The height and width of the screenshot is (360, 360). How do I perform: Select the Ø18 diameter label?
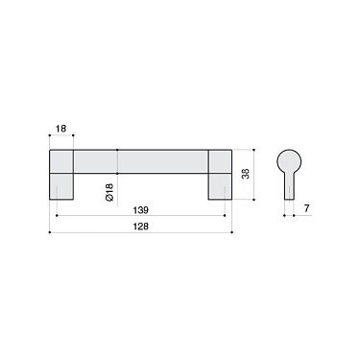tap(108, 193)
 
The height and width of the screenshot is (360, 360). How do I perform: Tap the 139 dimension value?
tap(141, 207)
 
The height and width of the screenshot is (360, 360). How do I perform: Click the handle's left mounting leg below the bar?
tap(60, 186)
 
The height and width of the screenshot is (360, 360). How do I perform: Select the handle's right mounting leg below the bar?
tap(219, 186)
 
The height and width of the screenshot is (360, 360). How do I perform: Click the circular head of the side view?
tap(288, 161)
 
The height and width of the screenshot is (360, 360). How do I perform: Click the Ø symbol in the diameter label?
tap(108, 201)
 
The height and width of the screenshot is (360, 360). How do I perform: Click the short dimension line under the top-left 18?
tap(60, 137)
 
